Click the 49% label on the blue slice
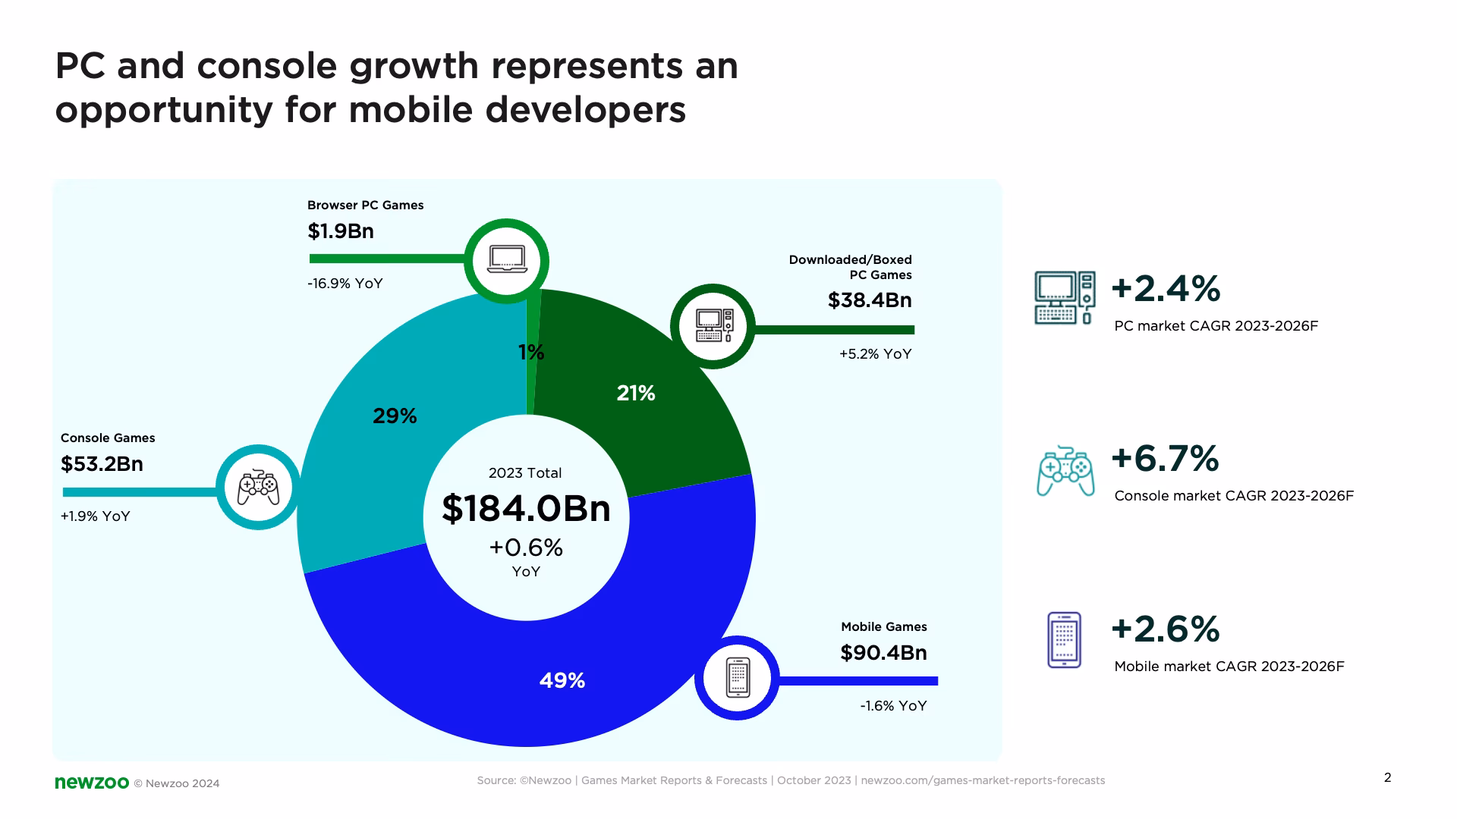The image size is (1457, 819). (x=562, y=680)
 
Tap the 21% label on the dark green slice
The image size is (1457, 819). (x=636, y=393)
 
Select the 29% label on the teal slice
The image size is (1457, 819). (x=395, y=416)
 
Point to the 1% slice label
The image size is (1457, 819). (x=531, y=352)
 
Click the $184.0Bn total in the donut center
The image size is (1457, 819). (x=526, y=508)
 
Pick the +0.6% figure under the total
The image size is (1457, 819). (x=526, y=547)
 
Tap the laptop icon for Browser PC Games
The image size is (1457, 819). (x=506, y=261)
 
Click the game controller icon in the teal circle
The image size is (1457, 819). (x=259, y=488)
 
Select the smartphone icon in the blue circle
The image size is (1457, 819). (x=738, y=677)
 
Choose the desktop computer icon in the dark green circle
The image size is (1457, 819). (x=714, y=326)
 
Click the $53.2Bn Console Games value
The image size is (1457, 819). (x=102, y=463)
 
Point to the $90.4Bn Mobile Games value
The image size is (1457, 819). (x=883, y=652)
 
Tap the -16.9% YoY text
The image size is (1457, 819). (x=345, y=283)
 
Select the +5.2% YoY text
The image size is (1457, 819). (x=875, y=353)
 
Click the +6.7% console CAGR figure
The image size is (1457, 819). (x=1165, y=458)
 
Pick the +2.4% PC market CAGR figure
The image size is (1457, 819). (x=1166, y=288)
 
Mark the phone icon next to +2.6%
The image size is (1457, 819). (x=1064, y=640)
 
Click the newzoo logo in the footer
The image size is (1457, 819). (x=92, y=783)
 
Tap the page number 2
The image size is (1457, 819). (x=1388, y=777)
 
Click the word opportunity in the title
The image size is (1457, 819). (x=164, y=110)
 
